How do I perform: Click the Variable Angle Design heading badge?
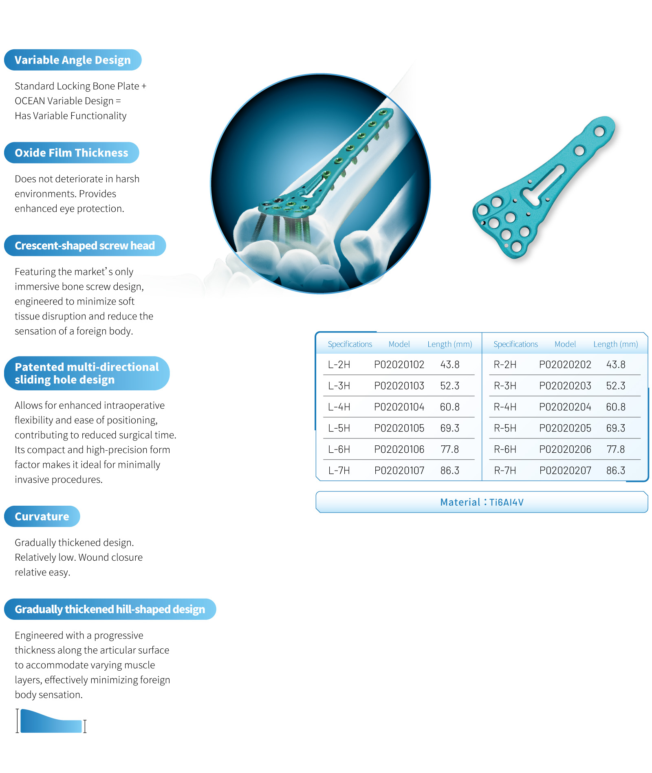73,60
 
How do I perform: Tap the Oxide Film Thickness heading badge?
71,153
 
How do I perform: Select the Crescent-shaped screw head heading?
85,246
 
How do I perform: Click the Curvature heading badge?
42,516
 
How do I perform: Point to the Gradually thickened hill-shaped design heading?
110,609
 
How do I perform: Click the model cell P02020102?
399,364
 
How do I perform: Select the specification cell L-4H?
339,407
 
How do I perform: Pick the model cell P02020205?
565,428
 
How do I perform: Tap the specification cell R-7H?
505,470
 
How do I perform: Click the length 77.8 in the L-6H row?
449,449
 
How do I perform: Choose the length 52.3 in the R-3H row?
615,385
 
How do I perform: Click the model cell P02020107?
399,470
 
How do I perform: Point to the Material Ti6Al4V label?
482,502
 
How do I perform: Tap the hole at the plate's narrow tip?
599,131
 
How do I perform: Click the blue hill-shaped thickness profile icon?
51,722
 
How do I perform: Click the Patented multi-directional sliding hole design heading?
86,373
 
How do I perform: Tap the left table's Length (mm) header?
449,344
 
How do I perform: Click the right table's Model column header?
565,344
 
